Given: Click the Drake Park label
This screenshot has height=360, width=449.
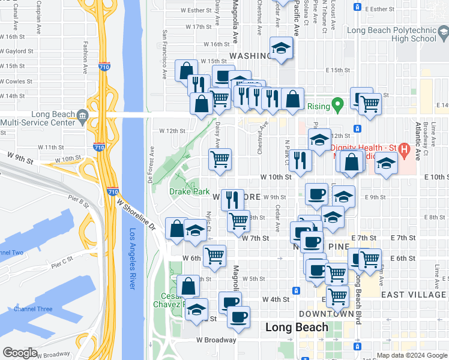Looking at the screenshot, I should point(189,192).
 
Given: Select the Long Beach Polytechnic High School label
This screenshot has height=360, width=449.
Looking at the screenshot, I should point(392,34).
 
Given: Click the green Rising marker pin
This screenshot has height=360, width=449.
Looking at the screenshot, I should point(338,106).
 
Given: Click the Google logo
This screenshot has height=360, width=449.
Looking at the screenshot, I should point(20,353).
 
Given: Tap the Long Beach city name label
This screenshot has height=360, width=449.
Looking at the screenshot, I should point(297,327).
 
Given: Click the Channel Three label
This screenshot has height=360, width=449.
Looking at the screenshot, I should point(33,309).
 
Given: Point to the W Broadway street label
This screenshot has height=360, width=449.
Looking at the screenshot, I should point(216,340).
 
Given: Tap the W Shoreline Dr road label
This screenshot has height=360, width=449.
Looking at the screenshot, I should point(136,217).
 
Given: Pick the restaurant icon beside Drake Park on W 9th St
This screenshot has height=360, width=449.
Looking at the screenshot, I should point(232,199).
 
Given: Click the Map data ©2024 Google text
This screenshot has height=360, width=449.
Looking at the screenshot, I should point(411,355).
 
